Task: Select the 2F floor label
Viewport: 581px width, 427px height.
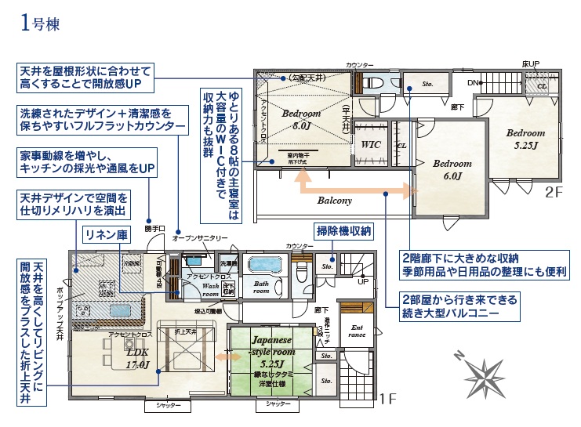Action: pyautogui.click(x=554, y=190)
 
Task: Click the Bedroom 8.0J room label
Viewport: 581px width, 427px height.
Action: pyautogui.click(x=302, y=118)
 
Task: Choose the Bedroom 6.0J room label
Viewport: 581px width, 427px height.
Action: pyautogui.click(x=452, y=169)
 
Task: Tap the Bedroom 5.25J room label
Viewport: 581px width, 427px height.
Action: pyautogui.click(x=525, y=139)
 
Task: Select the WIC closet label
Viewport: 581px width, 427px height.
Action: pyautogui.click(x=371, y=145)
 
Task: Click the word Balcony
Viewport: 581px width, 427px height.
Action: pyautogui.click(x=335, y=201)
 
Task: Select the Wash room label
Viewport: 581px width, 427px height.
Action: pyautogui.click(x=210, y=290)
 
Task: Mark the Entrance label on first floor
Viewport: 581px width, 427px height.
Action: pyautogui.click(x=357, y=331)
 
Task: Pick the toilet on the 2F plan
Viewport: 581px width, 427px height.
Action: pyautogui.click(x=373, y=83)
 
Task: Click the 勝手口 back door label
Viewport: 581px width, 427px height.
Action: pyautogui.click(x=154, y=229)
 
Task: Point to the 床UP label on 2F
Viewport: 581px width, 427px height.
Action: pyautogui.click(x=531, y=63)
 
